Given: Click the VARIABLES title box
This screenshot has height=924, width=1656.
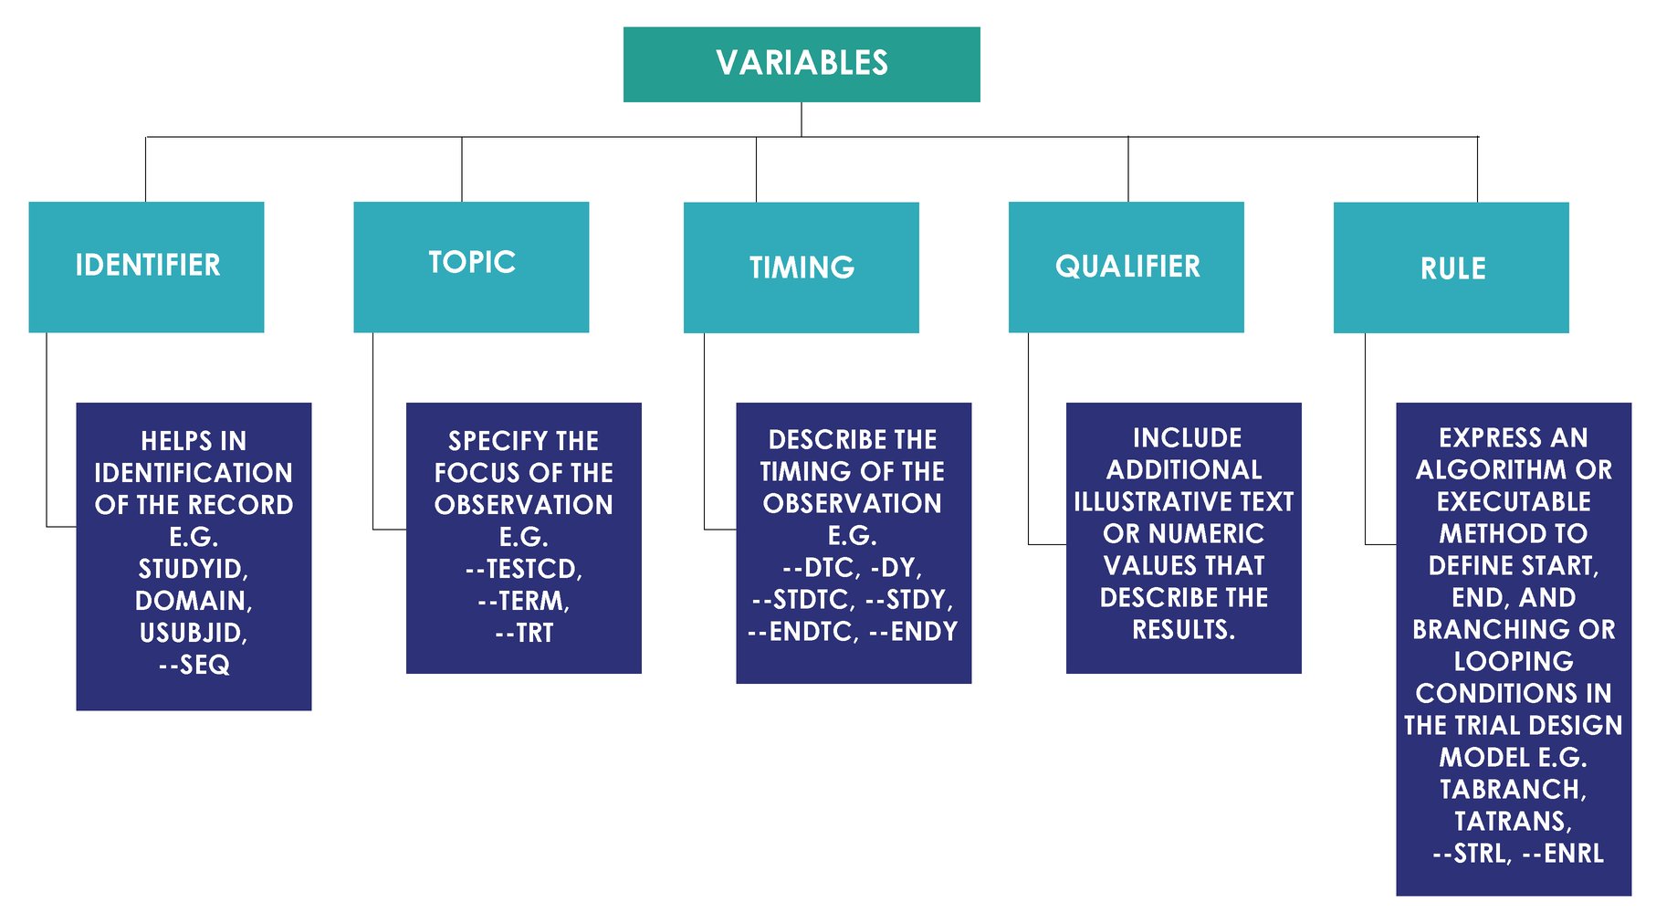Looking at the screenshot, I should click(x=802, y=64).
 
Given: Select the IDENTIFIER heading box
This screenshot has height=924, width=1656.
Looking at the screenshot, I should click(x=146, y=267).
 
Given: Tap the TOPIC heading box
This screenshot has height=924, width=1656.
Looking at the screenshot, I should click(x=471, y=267).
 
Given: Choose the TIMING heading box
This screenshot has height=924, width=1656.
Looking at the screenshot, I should click(x=801, y=268).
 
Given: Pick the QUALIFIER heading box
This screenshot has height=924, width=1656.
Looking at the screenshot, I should click(x=1126, y=267).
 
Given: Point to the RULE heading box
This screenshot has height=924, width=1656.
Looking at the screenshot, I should click(x=1451, y=268).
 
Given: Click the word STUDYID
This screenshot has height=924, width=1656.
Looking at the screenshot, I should click(x=193, y=569).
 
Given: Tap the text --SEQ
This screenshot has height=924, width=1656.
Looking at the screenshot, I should click(x=194, y=665).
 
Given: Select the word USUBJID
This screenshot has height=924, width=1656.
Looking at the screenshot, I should click(x=193, y=633).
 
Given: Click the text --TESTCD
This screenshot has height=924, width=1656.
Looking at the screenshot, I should click(x=523, y=569).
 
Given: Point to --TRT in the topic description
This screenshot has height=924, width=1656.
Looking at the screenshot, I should click(x=523, y=633).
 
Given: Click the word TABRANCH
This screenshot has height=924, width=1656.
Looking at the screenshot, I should click(x=1513, y=789).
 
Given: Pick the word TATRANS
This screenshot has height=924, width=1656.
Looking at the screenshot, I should click(x=1513, y=821).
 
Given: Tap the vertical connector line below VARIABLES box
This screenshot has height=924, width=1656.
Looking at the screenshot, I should click(x=802, y=120).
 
